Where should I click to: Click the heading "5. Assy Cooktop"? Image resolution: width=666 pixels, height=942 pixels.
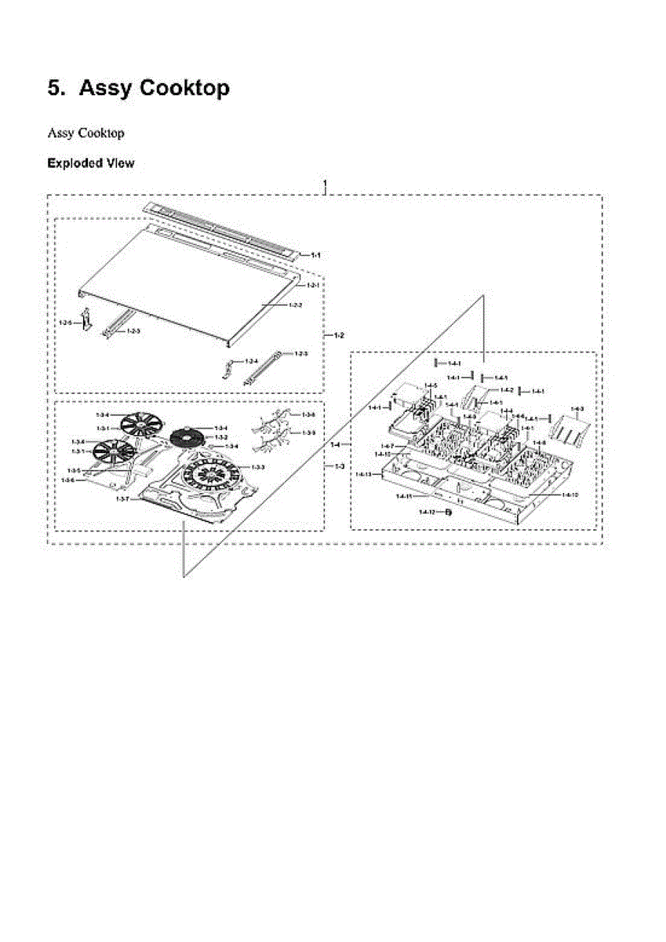(x=139, y=89)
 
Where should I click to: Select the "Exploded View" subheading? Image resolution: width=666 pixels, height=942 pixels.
(x=90, y=163)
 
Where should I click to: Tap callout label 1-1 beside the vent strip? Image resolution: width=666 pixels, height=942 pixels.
(x=316, y=255)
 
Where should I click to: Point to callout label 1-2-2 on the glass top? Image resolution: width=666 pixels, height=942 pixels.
(x=295, y=305)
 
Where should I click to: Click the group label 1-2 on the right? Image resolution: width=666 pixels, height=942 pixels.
(x=339, y=335)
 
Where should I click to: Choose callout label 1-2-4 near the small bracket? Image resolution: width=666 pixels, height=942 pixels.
(x=251, y=361)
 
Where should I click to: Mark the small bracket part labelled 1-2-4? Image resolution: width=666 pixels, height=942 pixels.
(x=229, y=367)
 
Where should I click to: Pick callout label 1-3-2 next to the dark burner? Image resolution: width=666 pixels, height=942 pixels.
(x=221, y=436)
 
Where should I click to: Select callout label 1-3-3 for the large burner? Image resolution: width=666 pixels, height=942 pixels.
(x=257, y=467)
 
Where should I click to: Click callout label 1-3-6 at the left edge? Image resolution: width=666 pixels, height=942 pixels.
(x=68, y=480)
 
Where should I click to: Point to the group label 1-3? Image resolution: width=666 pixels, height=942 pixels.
(x=339, y=467)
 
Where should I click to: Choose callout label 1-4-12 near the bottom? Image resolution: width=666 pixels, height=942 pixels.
(x=426, y=512)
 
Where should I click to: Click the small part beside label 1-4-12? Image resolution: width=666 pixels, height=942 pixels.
(x=449, y=512)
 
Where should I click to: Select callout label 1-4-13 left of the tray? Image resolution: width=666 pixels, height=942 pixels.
(x=362, y=475)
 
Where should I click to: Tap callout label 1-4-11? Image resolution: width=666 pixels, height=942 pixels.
(x=403, y=497)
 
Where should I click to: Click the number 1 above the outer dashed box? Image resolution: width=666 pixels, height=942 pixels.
(x=325, y=184)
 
